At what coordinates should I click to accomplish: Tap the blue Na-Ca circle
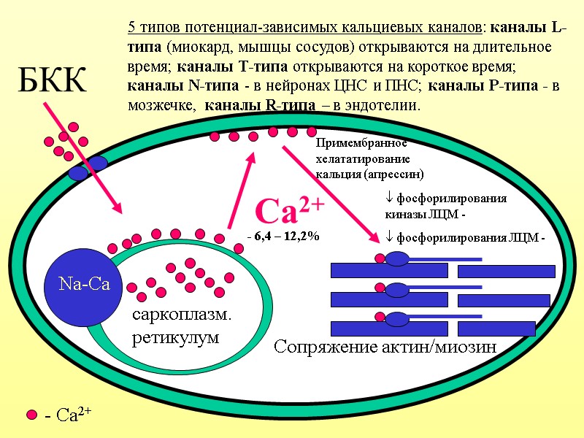[85, 284]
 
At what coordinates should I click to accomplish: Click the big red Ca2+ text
[289, 212]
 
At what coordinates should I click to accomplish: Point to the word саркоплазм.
[180, 316]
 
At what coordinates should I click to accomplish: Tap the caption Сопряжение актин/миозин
[385, 347]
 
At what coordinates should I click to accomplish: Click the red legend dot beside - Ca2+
[31, 415]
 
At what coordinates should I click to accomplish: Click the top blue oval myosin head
[398, 258]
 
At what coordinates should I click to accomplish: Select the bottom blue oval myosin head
[398, 319]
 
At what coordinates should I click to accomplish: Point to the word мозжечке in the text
[164, 105]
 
